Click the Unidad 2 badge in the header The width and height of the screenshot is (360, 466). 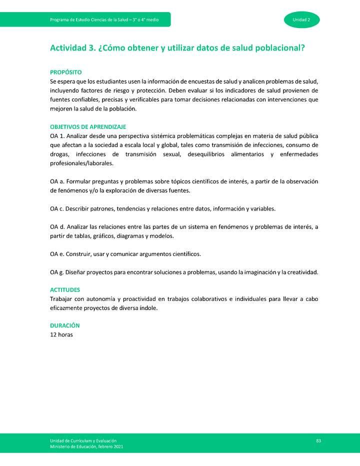[x=301, y=19]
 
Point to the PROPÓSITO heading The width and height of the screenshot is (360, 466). [x=66, y=72]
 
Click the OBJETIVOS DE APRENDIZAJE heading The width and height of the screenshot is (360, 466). [x=88, y=127]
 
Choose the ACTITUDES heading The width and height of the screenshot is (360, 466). [x=65, y=290]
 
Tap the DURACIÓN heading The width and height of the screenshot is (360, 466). [x=65, y=325]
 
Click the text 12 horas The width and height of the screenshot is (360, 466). [x=61, y=334]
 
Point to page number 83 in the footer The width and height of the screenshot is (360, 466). [x=318, y=440]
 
